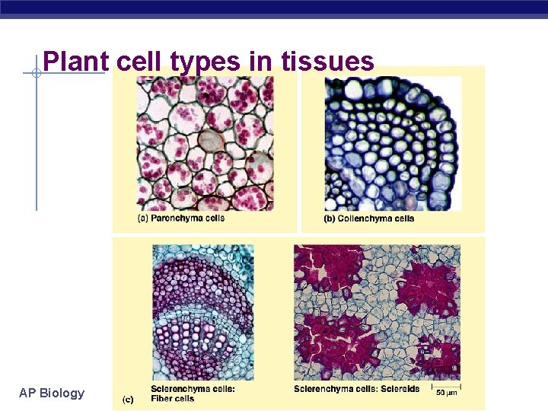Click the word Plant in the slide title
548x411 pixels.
click(75, 62)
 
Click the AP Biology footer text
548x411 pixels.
click(52, 393)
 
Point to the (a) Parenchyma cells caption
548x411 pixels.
click(181, 218)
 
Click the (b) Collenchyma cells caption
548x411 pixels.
click(370, 218)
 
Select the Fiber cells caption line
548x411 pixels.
click(173, 398)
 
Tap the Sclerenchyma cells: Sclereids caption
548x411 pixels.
click(356, 389)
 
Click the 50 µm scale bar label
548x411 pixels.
click(447, 392)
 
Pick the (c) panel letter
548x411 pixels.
click(129, 399)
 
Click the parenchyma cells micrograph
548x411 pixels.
click(204, 144)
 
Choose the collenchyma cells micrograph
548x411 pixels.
click(393, 144)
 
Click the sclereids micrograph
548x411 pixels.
click(377, 312)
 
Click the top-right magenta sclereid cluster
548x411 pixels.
click(428, 282)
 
